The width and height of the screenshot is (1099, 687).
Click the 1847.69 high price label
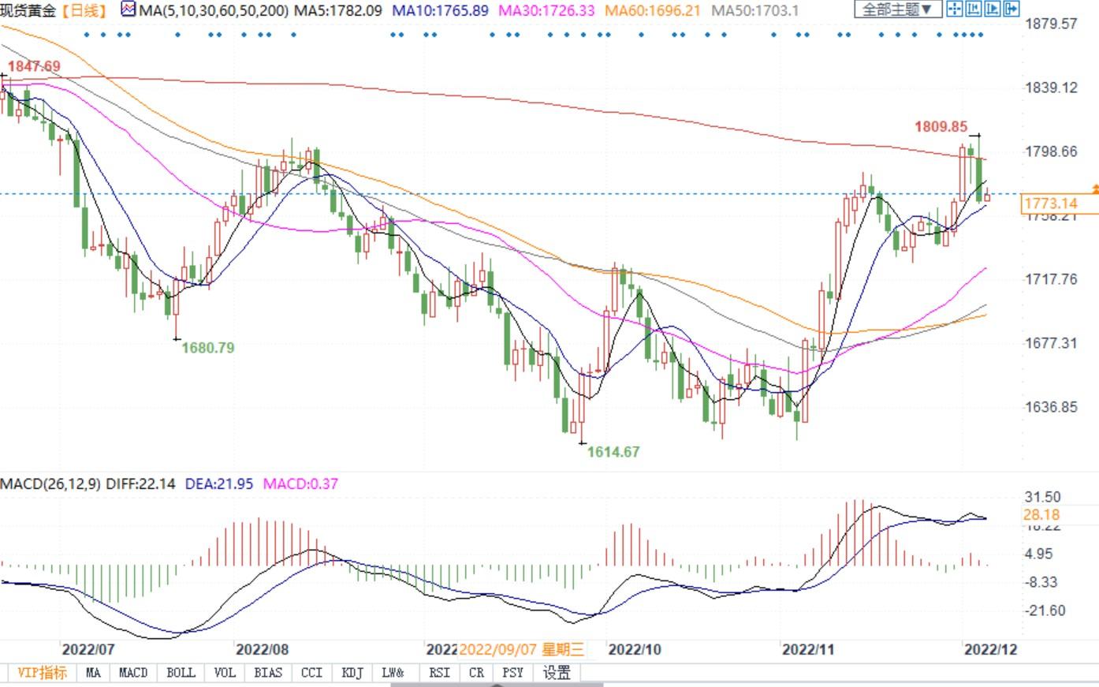pyautogui.click(x=34, y=66)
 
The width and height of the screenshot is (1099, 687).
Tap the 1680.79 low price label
pyautogui.click(x=208, y=347)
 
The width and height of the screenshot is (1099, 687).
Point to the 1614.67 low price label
pyautogui.click(x=613, y=452)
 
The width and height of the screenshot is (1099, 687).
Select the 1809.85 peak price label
pyautogui.click(x=941, y=126)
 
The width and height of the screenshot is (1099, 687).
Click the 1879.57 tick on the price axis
pyautogui.click(x=1051, y=24)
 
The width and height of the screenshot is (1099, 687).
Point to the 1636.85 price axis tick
pyautogui.click(x=1051, y=407)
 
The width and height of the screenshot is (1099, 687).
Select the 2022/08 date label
pyautogui.click(x=262, y=649)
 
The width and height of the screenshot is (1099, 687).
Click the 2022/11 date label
pyautogui.click(x=807, y=649)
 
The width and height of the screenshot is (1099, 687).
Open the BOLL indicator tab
pyautogui.click(x=181, y=673)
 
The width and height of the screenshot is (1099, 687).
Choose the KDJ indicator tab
pyautogui.click(x=352, y=673)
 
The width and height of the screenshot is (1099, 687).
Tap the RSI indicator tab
pyautogui.click(x=439, y=673)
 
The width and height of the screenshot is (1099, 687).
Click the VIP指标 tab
pyautogui.click(x=42, y=673)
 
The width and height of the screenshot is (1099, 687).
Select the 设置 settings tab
pyautogui.click(x=557, y=673)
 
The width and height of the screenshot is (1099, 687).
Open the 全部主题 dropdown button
pyautogui.click(x=897, y=9)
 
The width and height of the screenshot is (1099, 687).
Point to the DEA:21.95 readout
pyautogui.click(x=218, y=484)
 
